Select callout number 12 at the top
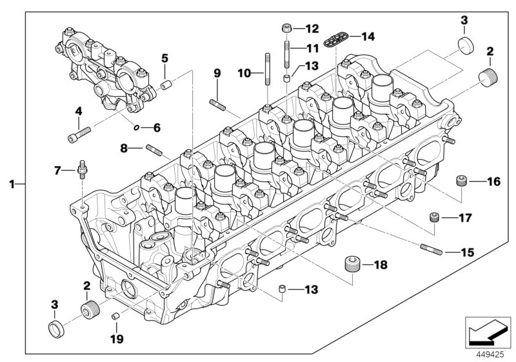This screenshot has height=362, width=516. (x=312, y=28)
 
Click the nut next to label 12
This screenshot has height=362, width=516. (x=286, y=28)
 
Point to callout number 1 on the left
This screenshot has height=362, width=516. (x=12, y=184)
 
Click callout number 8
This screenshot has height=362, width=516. (x=124, y=148)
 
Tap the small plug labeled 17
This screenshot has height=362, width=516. (x=435, y=217)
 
